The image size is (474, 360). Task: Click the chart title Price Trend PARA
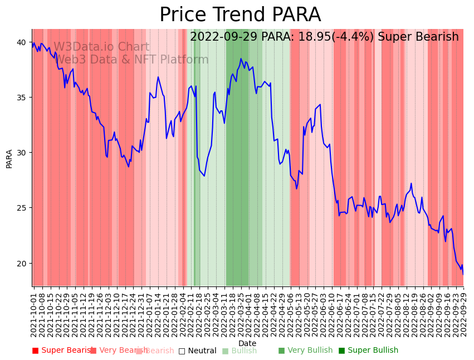(240, 15)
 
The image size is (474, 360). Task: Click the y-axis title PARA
(9, 158)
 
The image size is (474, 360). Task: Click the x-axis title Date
(247, 344)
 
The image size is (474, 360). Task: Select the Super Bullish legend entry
(369, 351)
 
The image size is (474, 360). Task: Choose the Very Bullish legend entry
(305, 351)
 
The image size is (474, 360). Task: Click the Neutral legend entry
(197, 351)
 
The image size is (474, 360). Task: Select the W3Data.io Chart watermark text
(101, 47)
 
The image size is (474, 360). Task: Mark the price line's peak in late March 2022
(241, 59)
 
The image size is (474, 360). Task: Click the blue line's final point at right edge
(463, 274)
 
